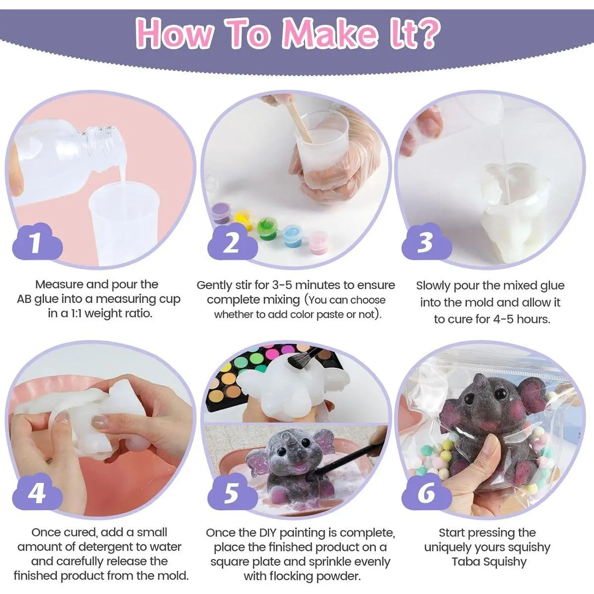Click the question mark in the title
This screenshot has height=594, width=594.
[427, 33]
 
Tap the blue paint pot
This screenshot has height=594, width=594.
[293, 236]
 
